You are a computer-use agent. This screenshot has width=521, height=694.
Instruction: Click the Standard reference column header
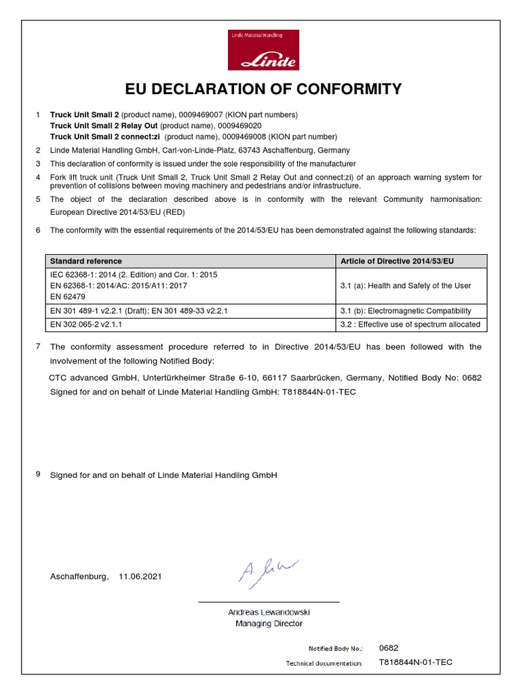point(86,261)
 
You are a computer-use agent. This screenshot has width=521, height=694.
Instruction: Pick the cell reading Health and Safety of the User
point(405,285)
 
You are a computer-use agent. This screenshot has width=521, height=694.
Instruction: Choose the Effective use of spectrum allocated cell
point(410,325)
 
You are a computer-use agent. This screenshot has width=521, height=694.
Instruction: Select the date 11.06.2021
point(140,577)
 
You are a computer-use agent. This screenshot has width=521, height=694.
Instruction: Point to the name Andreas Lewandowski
point(269,612)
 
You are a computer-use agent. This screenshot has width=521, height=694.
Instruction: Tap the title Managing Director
point(269,623)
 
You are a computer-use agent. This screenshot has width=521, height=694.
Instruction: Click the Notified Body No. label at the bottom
point(335,649)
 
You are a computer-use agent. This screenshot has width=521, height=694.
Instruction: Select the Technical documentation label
point(324,663)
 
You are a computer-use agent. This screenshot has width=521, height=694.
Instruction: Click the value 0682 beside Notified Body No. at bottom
point(389,648)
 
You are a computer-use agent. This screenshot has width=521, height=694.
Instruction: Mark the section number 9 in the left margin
point(38,474)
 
